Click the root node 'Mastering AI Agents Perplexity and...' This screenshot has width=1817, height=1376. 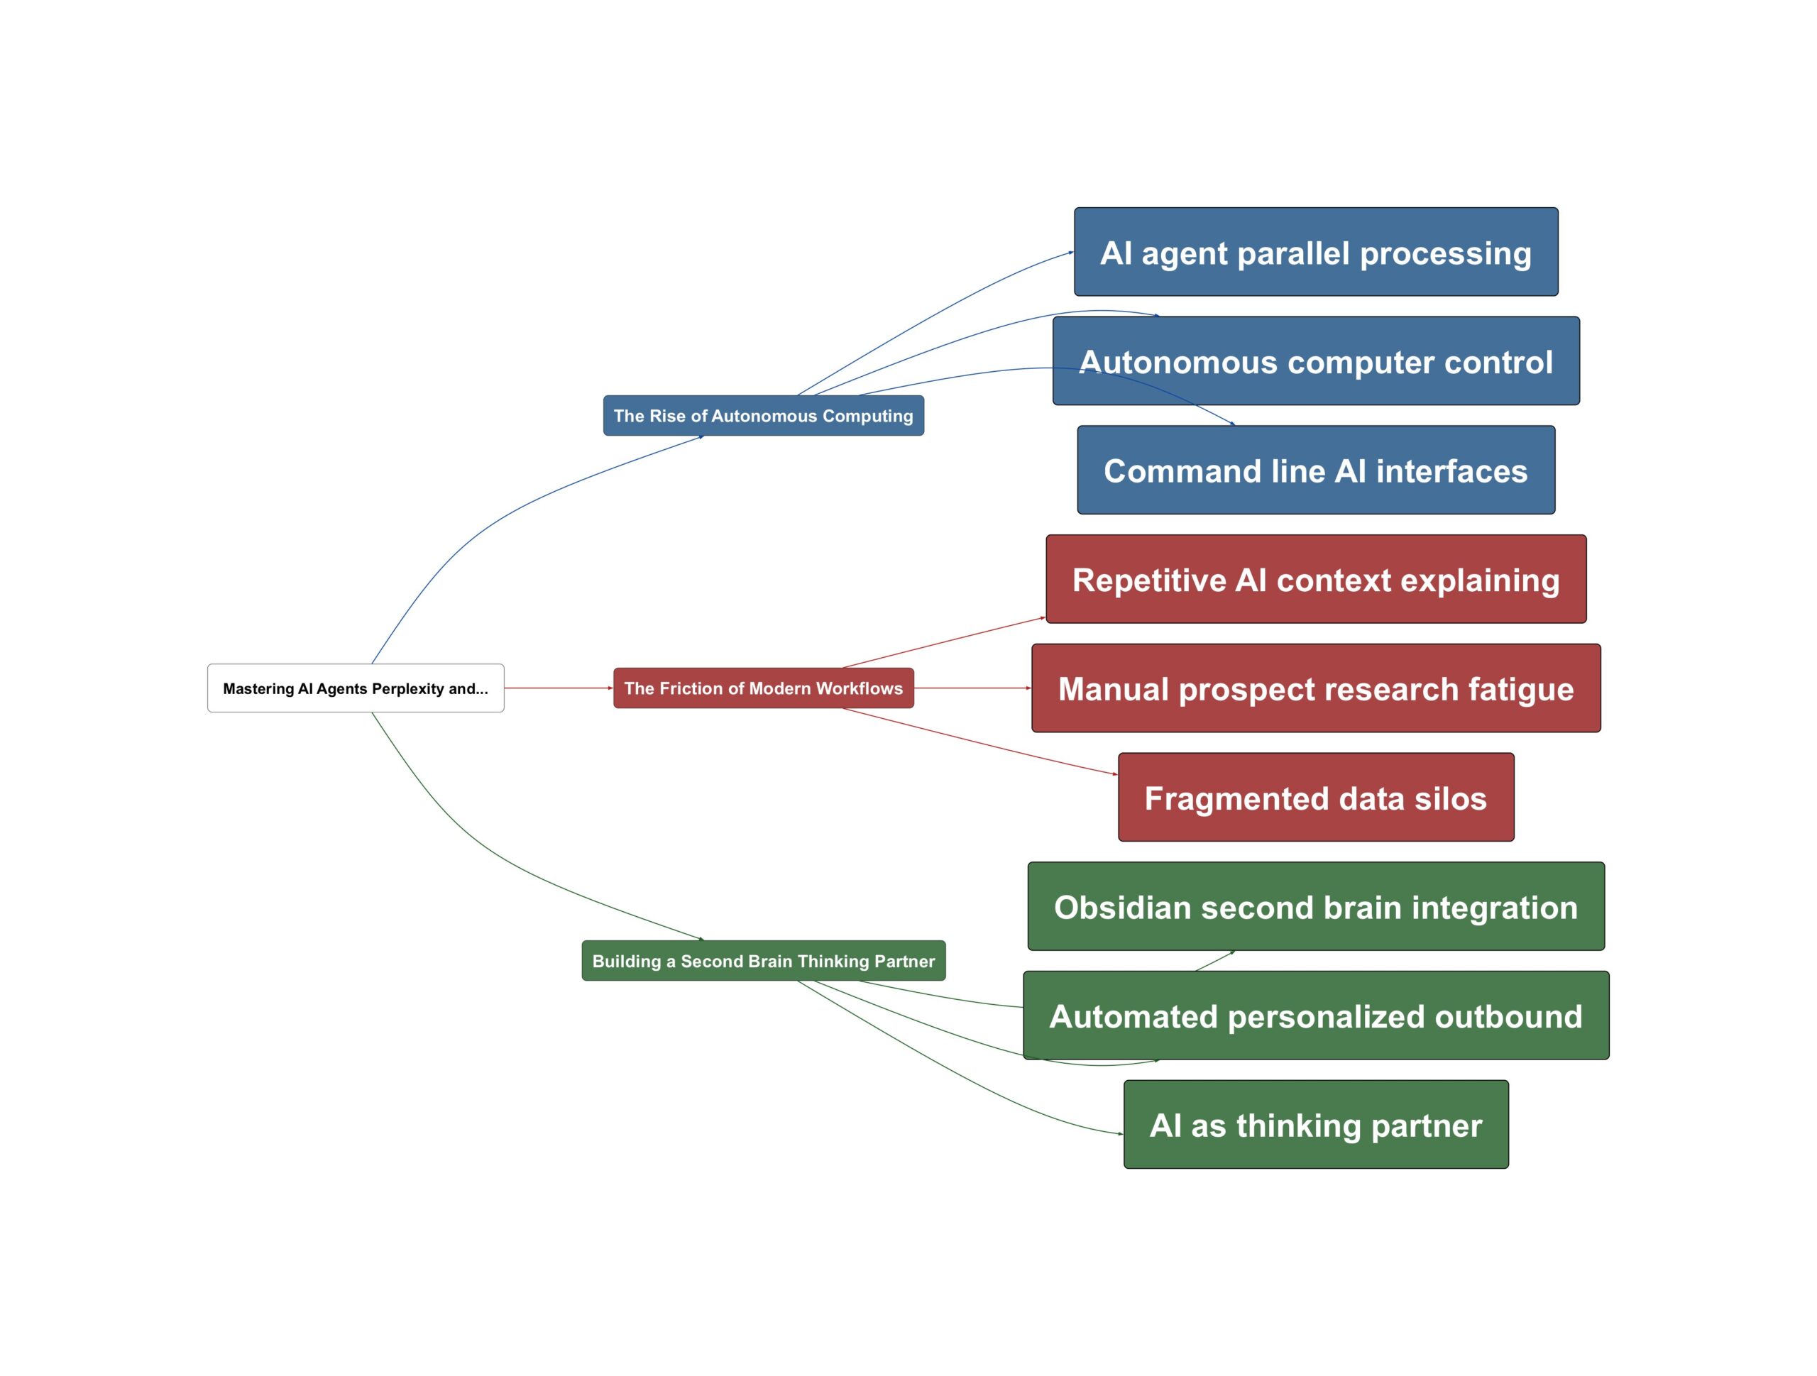[356, 688]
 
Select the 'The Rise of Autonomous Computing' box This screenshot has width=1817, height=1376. [763, 416]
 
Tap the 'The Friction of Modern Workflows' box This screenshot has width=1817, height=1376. [763, 688]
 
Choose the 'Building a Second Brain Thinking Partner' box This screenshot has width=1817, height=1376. [763, 960]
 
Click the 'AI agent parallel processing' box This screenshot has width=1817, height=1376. [1315, 251]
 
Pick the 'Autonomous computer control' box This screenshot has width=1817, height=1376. [1315, 360]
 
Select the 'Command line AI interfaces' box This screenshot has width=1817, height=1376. [1315, 470]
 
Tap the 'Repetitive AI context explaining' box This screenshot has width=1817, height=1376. [1315, 579]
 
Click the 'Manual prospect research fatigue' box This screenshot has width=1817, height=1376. [1315, 688]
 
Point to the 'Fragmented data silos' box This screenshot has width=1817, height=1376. [1315, 797]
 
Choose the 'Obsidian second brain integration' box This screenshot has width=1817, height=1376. [1315, 906]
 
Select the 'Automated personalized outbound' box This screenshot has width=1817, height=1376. [1315, 1016]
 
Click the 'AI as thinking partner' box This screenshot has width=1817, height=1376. [1315, 1124]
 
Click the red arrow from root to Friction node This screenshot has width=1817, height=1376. [559, 688]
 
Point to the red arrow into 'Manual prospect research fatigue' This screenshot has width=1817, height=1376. [972, 688]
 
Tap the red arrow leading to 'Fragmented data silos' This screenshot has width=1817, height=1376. [977, 741]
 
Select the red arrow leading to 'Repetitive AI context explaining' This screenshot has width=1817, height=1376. [945, 642]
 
